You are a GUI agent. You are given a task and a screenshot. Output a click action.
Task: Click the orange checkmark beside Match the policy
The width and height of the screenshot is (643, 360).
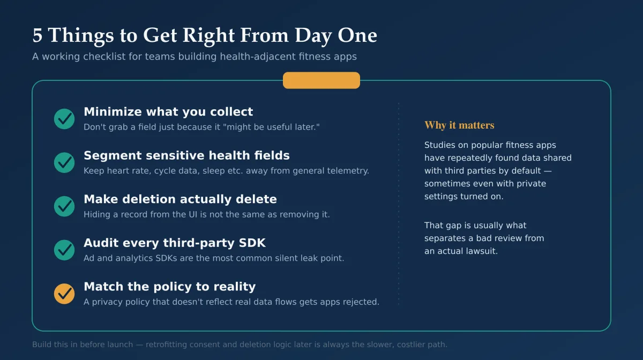point(64,294)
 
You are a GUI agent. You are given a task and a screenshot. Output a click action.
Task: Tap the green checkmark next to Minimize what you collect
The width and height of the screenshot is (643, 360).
point(64,119)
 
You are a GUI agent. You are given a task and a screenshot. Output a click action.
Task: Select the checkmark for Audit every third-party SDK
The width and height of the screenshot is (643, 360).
point(64,250)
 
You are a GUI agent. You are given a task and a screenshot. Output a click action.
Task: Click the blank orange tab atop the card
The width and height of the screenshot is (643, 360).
point(321,80)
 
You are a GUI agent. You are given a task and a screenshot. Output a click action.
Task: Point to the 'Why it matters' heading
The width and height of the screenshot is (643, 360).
point(459,125)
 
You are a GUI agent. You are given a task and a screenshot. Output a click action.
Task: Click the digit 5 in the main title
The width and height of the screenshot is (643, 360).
point(38,35)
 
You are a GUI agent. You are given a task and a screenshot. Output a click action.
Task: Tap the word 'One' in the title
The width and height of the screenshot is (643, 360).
point(357,35)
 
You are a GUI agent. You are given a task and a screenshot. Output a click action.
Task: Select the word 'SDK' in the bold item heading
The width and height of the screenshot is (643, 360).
point(252,243)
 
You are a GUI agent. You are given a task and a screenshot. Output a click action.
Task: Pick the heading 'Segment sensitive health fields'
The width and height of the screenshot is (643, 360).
point(186,155)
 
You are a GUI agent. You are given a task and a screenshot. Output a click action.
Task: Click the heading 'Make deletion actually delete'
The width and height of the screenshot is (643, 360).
point(180,199)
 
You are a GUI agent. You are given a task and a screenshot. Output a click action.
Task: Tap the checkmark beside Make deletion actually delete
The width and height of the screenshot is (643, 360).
point(64,206)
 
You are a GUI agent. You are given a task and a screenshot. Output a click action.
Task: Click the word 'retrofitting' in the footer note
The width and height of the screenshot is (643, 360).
point(166,344)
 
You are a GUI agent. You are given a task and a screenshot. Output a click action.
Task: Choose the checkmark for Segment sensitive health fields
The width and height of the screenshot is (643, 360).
point(64,162)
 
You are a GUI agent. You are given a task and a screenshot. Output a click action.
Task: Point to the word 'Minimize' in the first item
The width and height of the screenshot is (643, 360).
point(113,111)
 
